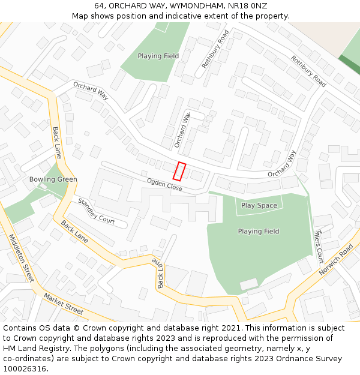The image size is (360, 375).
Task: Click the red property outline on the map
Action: (x=179, y=171)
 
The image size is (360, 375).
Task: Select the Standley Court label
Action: (x=96, y=211)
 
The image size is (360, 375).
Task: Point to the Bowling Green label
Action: (x=53, y=179)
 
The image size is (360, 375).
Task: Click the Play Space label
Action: (x=259, y=206)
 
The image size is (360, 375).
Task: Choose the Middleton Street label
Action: (x=22, y=259)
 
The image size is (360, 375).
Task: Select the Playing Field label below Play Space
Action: (x=258, y=232)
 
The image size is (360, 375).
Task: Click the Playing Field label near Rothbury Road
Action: (x=158, y=56)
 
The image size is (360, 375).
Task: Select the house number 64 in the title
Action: (x=99, y=5)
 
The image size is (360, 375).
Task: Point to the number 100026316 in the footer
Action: (x=25, y=369)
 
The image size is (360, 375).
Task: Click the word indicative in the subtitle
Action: (x=180, y=16)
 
